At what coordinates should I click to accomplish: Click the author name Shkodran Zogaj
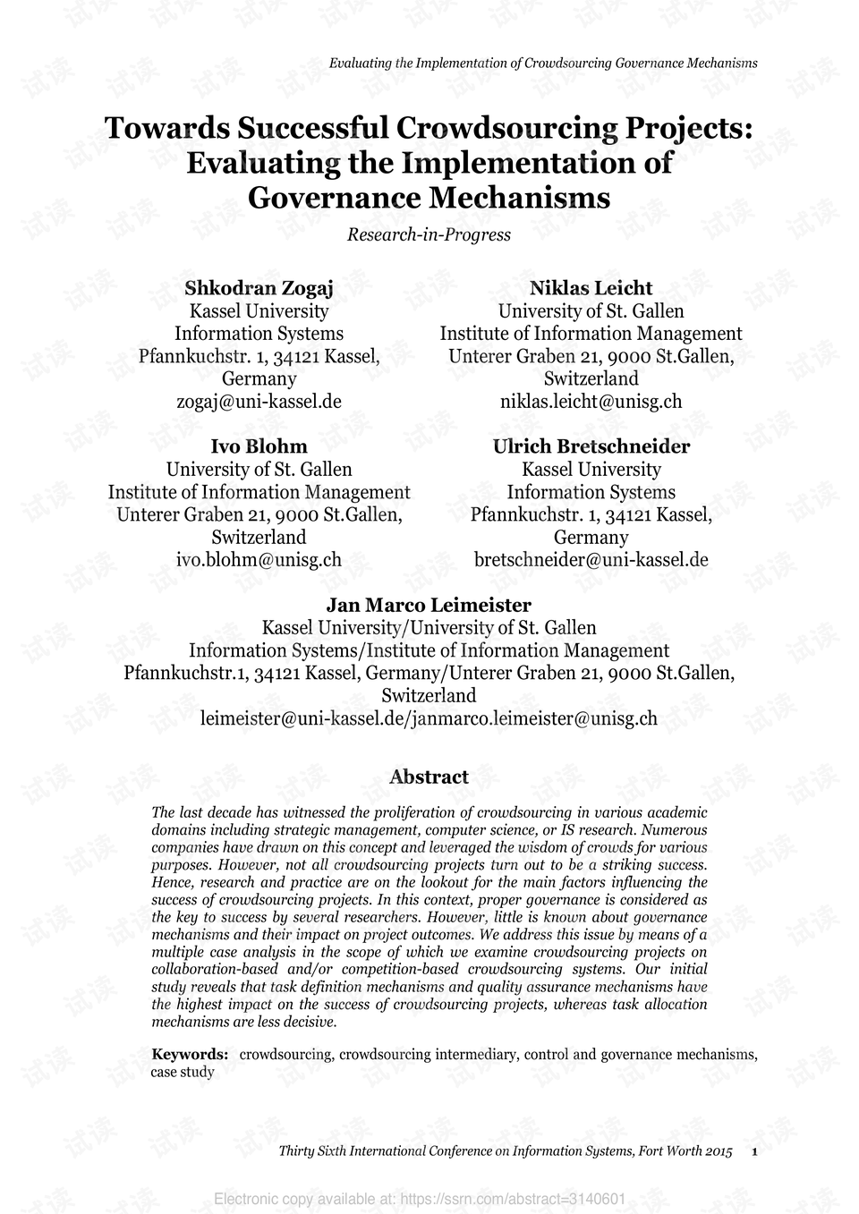259,288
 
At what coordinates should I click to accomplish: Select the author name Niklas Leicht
591,288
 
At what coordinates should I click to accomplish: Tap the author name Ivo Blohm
259,446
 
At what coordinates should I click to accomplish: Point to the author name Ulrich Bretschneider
591,446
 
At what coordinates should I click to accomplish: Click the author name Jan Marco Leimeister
429,605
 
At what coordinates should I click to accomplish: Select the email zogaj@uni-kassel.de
259,402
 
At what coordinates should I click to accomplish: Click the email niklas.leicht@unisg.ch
591,402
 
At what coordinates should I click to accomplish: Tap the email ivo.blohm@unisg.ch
259,560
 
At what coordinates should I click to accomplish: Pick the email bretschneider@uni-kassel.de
591,560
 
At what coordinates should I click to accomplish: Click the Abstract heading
429,777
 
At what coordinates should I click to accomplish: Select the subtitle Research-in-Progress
429,235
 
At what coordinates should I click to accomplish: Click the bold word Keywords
189,1054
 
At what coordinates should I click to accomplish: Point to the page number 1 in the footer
755,1151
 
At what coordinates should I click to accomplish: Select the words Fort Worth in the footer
670,1151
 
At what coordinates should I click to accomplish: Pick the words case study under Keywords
183,1072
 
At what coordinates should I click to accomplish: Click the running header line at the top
543,63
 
